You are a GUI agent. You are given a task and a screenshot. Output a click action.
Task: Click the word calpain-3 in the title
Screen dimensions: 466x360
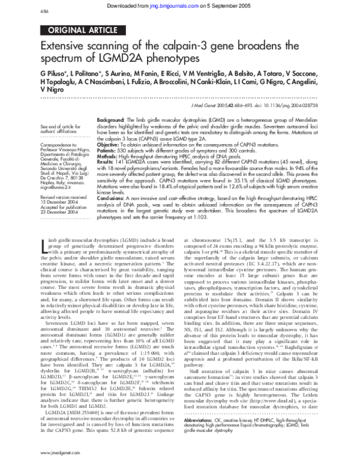212,47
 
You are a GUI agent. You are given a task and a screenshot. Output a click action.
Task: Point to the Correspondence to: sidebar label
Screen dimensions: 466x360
57,145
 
